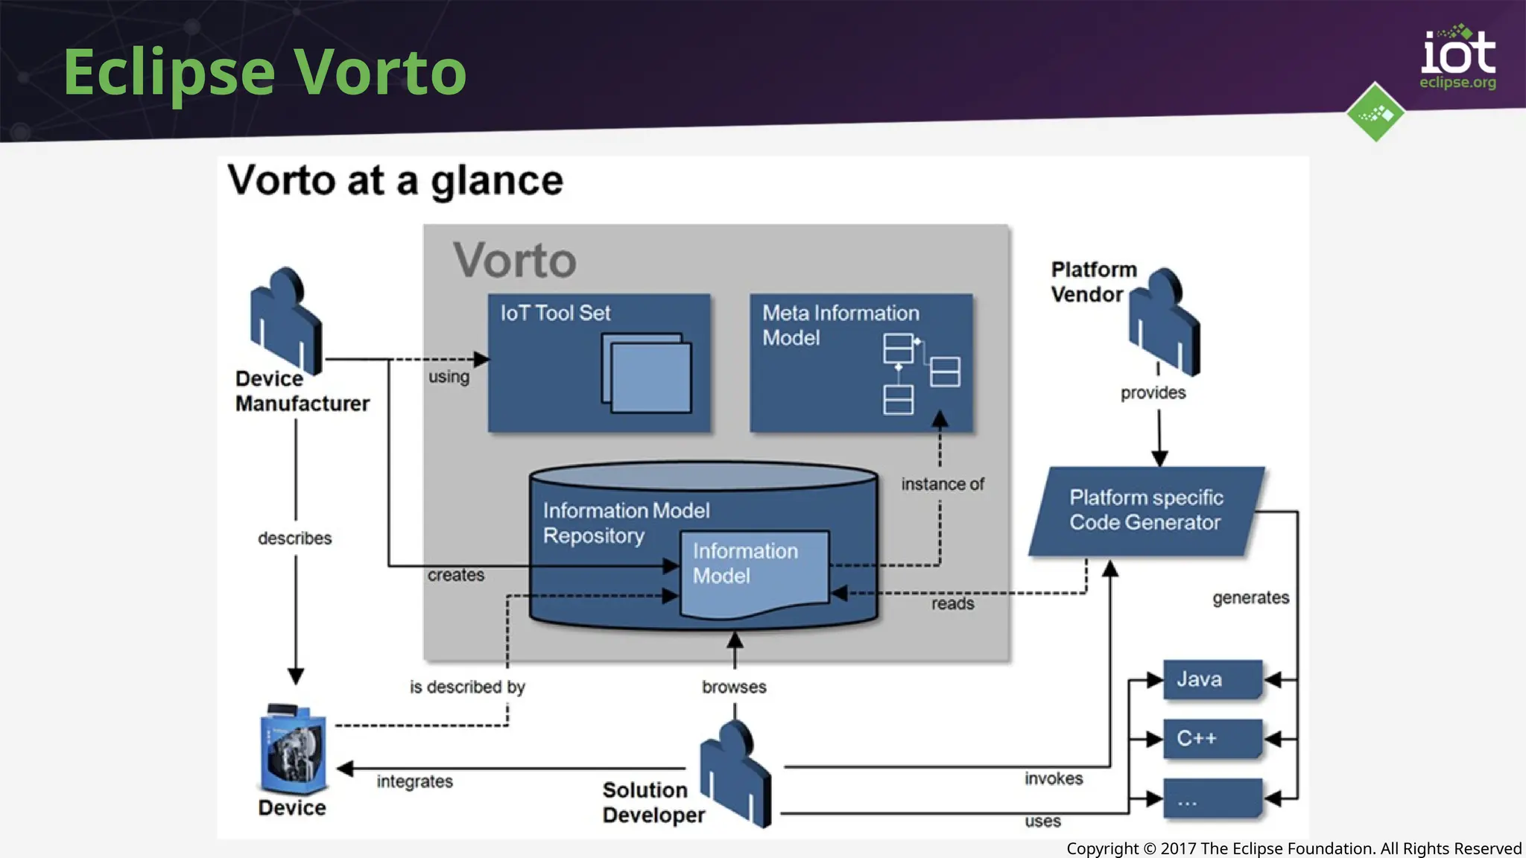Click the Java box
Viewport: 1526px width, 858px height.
[1212, 679]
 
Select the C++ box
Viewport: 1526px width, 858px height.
[1212, 738]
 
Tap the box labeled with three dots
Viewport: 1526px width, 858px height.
[1212, 798]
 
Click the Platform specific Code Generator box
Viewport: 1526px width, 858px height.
[1145, 511]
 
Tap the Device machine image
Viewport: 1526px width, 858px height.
[294, 749]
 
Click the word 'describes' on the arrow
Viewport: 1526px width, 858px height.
[295, 538]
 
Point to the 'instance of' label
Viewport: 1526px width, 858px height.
[943, 484]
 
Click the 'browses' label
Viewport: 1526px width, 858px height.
[734, 687]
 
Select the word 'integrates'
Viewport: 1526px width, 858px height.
[415, 781]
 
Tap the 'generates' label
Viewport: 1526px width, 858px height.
[1250, 597]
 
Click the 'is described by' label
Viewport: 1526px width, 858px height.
[467, 687]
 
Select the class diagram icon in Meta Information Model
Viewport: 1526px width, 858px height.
[921, 372]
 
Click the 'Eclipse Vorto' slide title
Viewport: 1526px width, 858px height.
[265, 71]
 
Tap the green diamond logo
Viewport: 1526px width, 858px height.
[1375, 112]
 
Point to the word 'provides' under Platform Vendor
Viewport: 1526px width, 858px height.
[1153, 393]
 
